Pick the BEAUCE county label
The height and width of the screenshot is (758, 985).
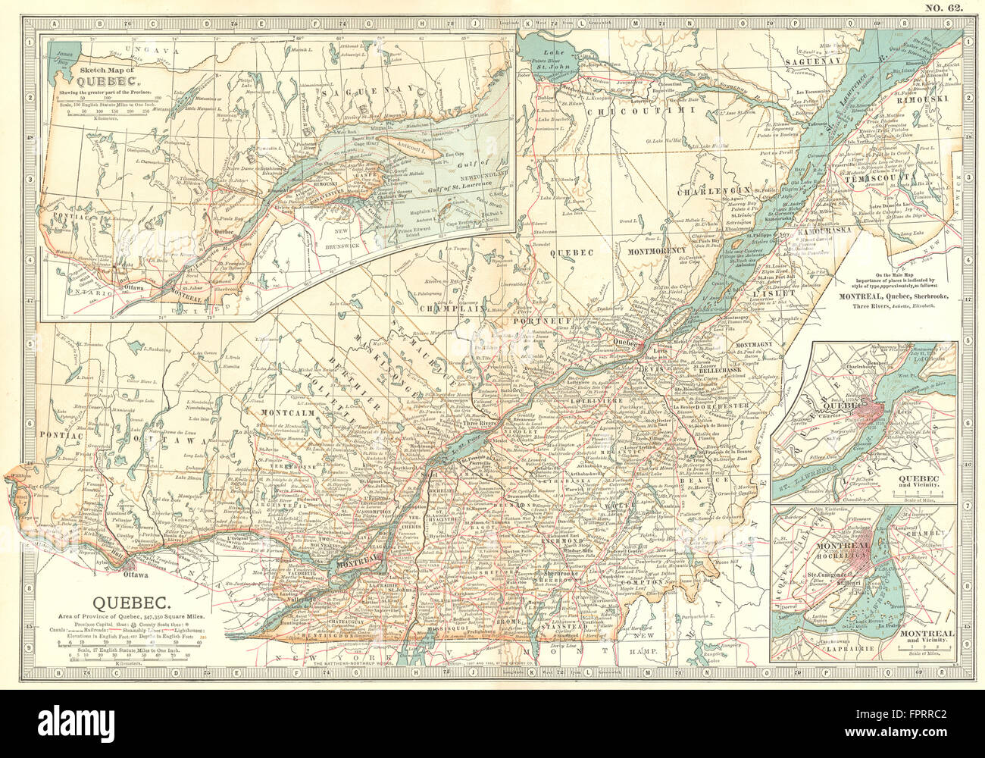(x=711, y=481)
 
